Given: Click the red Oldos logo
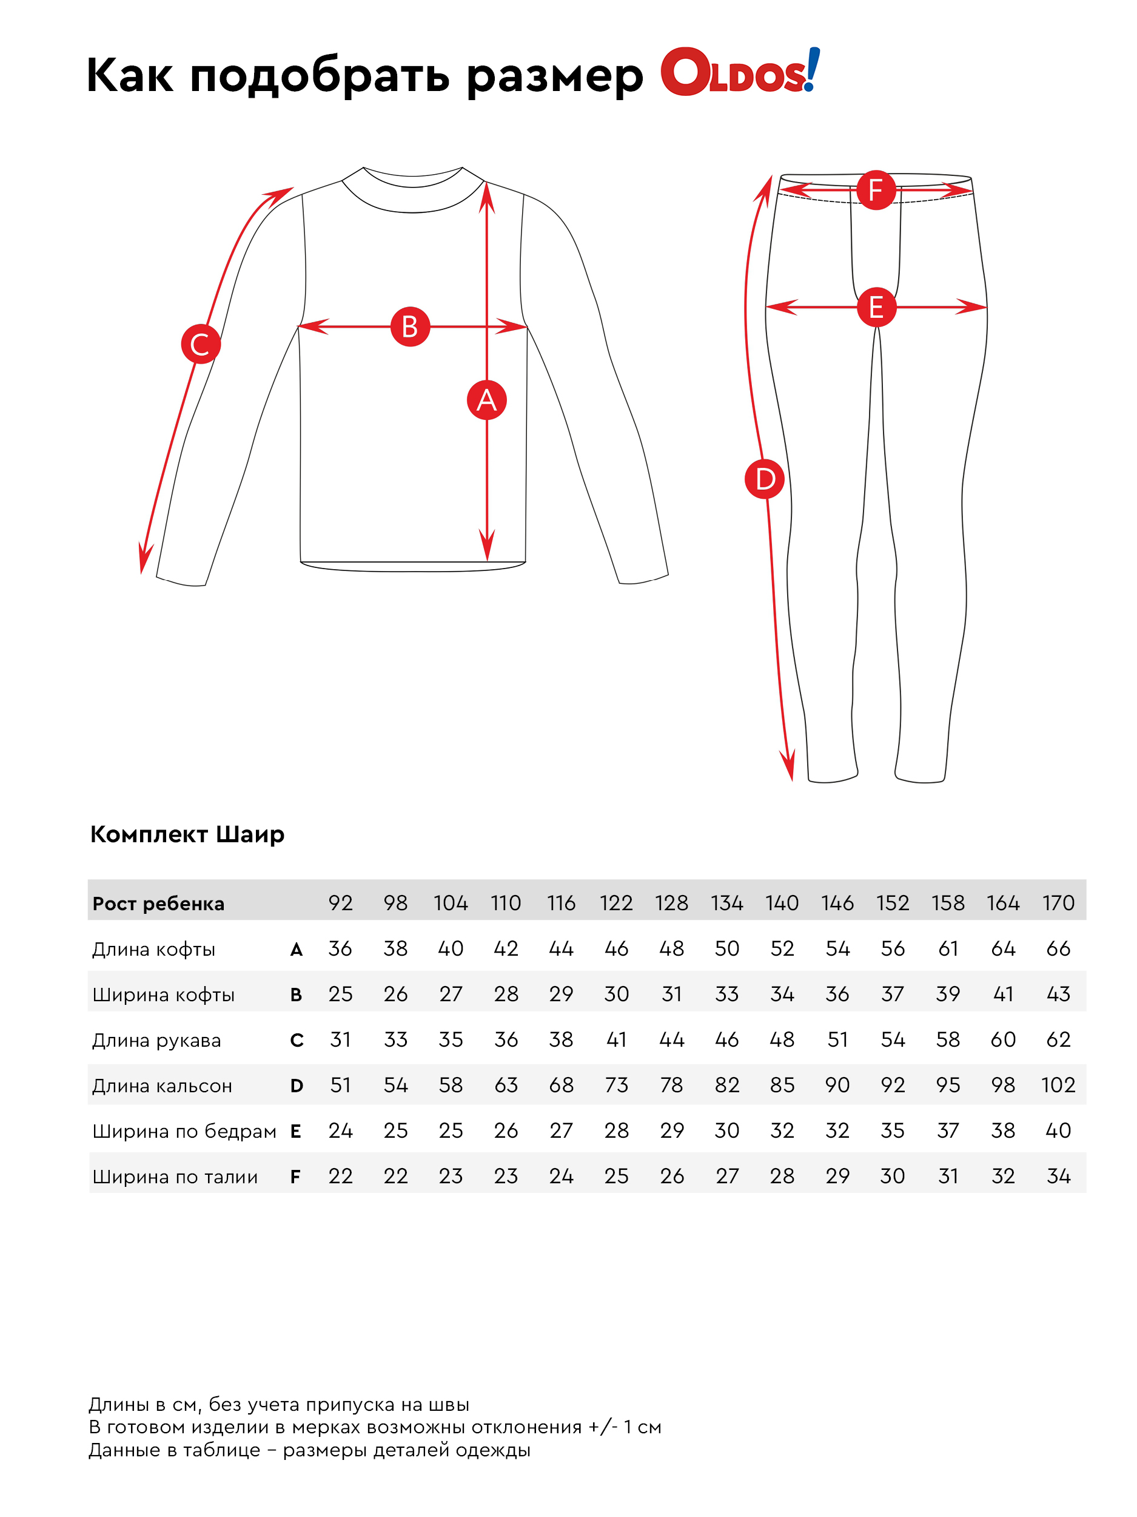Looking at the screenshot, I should coord(739,72).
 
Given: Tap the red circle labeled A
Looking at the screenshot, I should coord(486,400).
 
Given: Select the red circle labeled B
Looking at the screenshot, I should coord(410,326).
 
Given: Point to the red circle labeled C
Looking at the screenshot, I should coord(201,343).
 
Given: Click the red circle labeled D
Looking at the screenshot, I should coord(764,479).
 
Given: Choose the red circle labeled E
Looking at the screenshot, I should coord(876,306).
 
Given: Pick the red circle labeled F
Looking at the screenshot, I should coord(875,190).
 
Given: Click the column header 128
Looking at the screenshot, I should coord(671,902).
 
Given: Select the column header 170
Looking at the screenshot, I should coord(1058,902).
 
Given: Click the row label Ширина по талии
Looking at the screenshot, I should coord(175,1176).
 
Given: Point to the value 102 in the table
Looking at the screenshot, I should coord(1058,1085).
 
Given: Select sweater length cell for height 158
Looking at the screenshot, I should coord(947,948).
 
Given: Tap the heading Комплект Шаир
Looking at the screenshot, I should coord(187,834).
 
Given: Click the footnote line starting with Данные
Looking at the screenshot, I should coord(309,1450).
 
